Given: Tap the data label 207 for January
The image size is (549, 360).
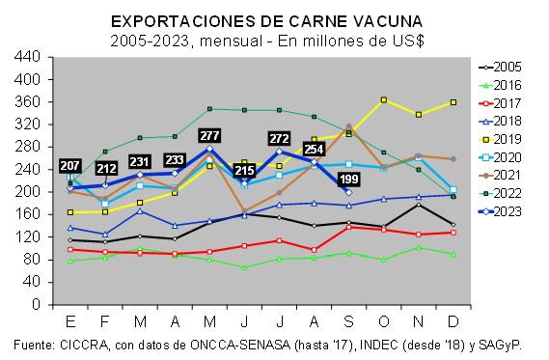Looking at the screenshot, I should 70,166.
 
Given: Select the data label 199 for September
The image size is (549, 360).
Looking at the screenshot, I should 348,180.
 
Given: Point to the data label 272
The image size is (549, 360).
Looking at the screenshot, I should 281,139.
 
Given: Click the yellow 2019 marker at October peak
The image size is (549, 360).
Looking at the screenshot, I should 384,99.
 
